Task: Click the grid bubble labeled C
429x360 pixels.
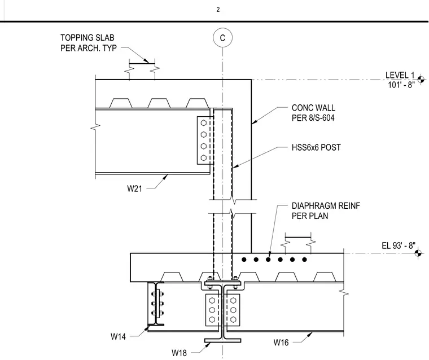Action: point(223,37)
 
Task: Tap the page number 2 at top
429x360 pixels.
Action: point(218,10)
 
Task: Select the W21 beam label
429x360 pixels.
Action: point(134,188)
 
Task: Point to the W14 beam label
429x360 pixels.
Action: point(118,336)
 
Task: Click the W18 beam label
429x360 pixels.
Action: point(179,353)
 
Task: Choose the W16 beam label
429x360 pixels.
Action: point(281,342)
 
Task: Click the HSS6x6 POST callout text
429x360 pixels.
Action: point(316,147)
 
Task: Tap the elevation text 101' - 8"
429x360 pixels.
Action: point(401,85)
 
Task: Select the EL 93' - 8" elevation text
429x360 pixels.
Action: point(399,245)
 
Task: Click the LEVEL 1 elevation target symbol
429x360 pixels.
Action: point(421,80)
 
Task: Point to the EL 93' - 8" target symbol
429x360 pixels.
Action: point(418,253)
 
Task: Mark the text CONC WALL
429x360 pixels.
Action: point(313,108)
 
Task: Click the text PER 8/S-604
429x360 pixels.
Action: point(313,117)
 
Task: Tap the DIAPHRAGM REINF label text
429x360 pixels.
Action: point(326,206)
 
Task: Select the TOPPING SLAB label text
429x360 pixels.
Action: point(87,37)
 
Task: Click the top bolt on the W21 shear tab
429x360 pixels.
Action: point(204,123)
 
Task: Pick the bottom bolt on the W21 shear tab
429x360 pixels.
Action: point(204,158)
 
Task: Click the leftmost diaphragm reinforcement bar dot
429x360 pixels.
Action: point(244,260)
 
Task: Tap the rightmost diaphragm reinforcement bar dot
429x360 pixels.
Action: point(304,260)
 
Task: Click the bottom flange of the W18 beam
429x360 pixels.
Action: point(223,341)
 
